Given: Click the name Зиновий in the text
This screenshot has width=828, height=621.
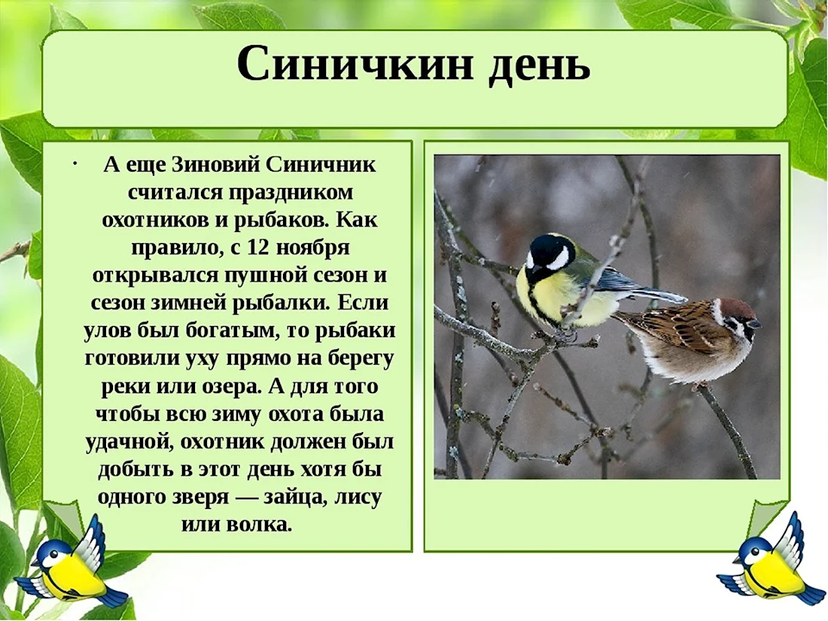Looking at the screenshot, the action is [216, 164].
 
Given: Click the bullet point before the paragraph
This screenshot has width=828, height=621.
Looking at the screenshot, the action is [77, 163].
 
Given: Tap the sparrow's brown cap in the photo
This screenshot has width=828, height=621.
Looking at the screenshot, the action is [735, 308].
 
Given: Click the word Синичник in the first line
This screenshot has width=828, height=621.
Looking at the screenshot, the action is [321, 164].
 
